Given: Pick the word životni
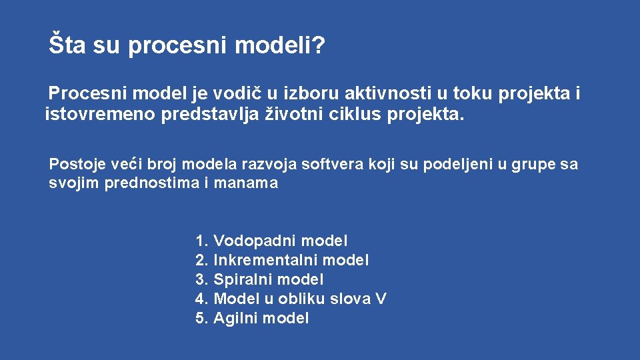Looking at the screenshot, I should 296,115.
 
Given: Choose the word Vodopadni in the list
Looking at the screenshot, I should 255,241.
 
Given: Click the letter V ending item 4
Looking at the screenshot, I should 381,299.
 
